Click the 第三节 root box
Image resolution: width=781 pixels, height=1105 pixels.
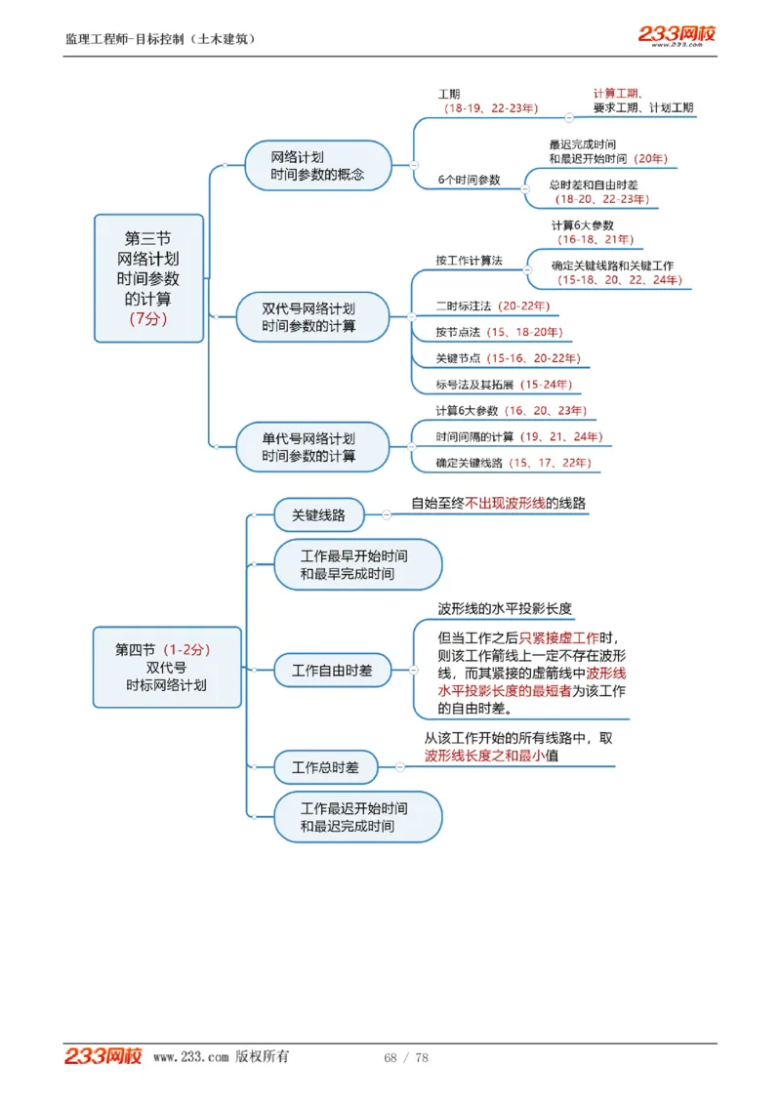pyautogui.click(x=148, y=278)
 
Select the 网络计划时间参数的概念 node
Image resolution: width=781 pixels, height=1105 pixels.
pyautogui.click(x=317, y=166)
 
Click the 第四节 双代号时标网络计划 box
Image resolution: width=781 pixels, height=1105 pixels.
pyautogui.click(x=167, y=667)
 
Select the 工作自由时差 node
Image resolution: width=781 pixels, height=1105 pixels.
pyautogui.click(x=332, y=671)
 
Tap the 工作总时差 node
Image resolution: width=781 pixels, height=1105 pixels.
pyautogui.click(x=325, y=767)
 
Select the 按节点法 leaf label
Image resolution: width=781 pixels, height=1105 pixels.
pyautogui.click(x=458, y=333)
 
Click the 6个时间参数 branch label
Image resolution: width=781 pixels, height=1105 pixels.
pyautogui.click(x=469, y=180)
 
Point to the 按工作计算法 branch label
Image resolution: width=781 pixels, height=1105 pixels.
pyautogui.click(x=469, y=261)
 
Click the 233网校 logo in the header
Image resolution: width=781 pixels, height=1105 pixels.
pyautogui.click(x=677, y=34)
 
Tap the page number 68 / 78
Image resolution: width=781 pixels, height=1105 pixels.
pyautogui.click(x=406, y=1058)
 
